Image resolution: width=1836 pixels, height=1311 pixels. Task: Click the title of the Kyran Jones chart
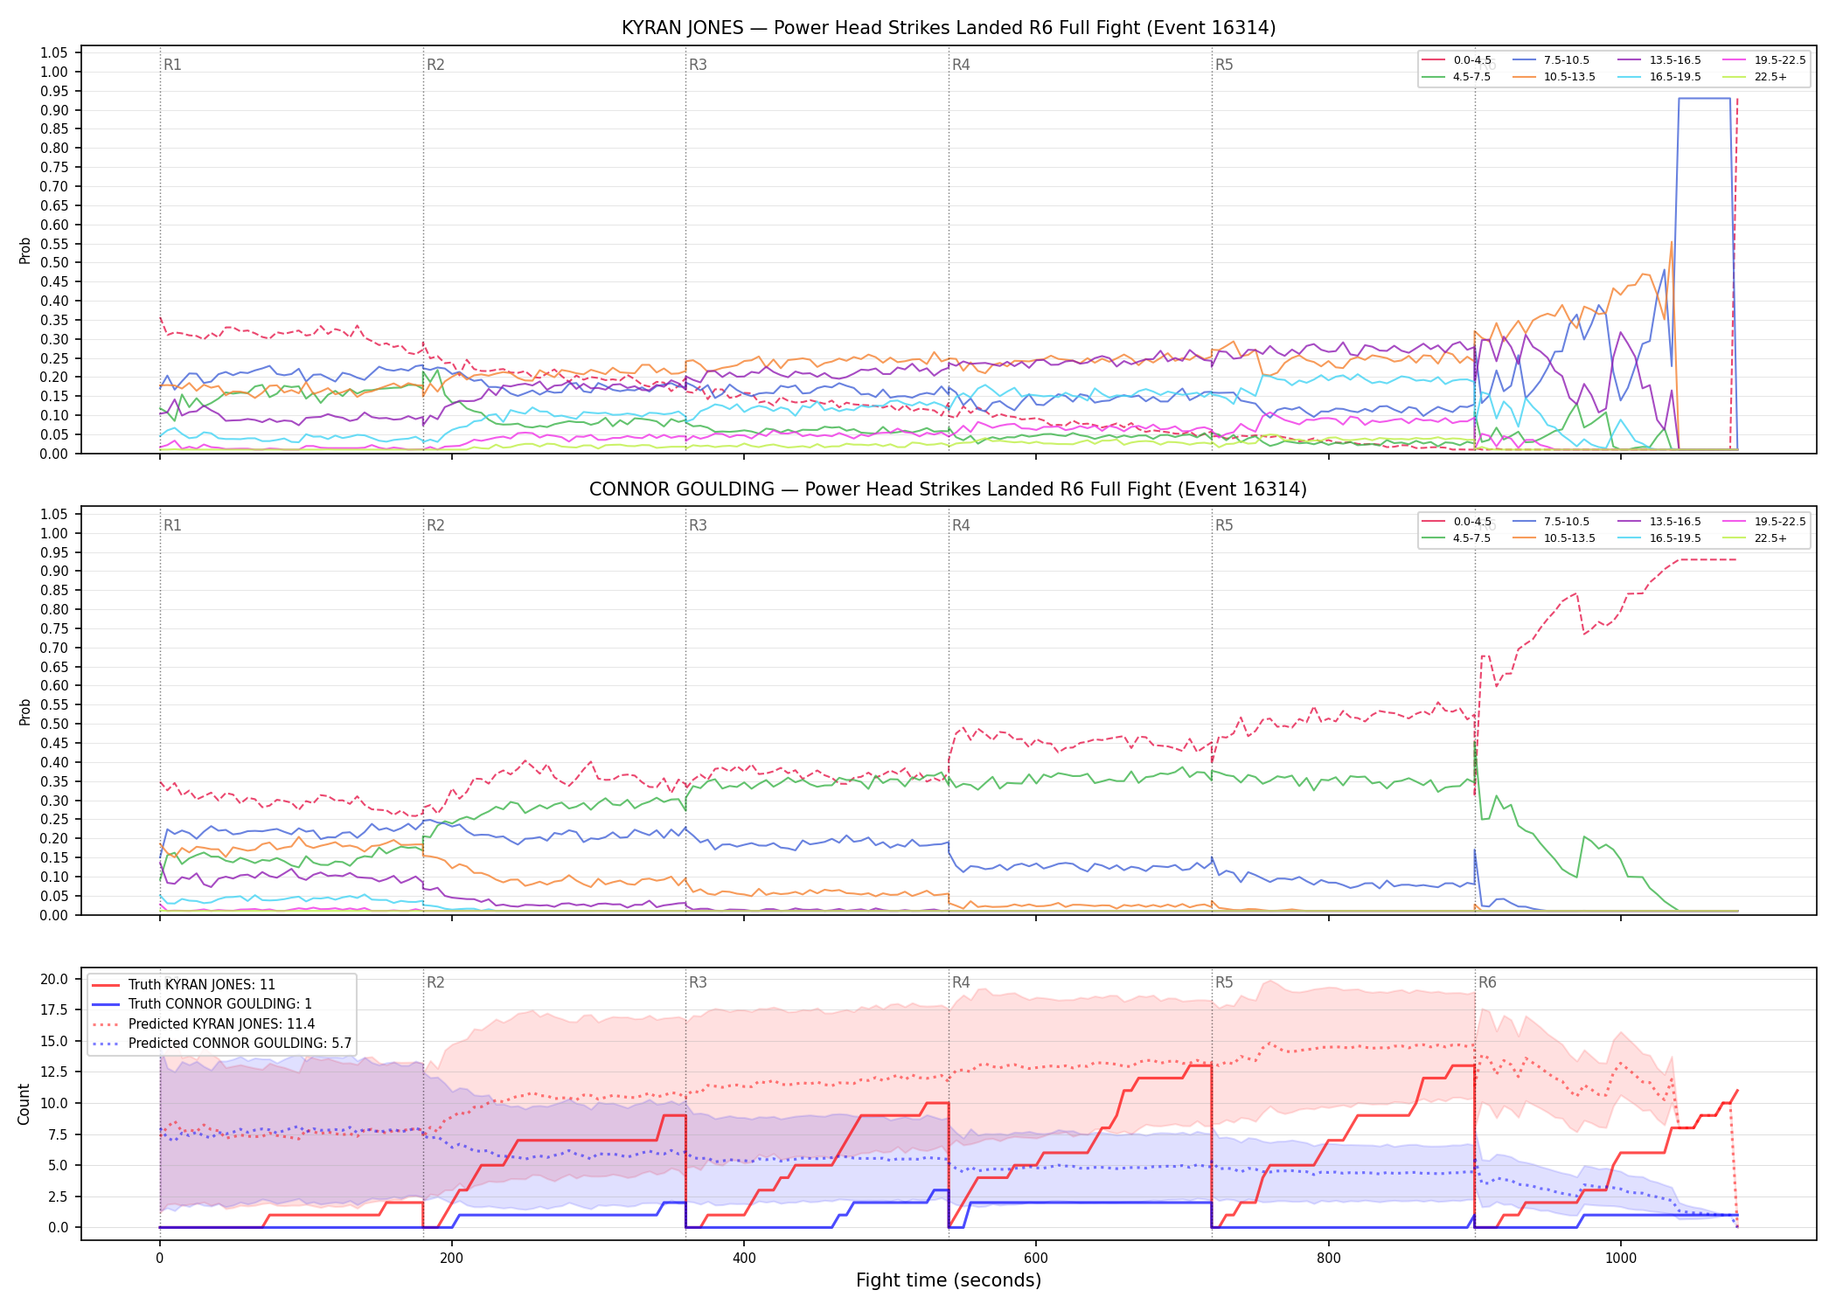tap(949, 28)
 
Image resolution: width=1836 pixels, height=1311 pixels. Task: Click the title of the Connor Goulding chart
tap(949, 489)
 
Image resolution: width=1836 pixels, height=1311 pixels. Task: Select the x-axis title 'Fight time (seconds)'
tap(949, 1280)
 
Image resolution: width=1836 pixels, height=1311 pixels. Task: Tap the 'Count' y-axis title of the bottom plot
tap(24, 1104)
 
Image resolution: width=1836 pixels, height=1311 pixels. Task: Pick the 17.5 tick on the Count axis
tap(56, 1009)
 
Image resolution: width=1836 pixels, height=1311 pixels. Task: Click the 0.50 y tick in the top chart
tap(54, 262)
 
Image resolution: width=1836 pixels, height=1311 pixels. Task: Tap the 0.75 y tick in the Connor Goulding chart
tap(54, 628)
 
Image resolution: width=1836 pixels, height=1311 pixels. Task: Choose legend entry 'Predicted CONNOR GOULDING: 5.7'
tap(221, 1044)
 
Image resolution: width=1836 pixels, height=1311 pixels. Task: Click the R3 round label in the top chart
tap(698, 65)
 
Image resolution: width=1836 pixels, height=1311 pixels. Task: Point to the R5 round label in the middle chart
tap(1224, 525)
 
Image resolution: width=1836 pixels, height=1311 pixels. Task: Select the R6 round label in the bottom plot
tap(1487, 982)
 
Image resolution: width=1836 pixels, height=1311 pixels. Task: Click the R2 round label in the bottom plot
tap(435, 982)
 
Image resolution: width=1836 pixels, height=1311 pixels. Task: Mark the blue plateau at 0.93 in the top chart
tap(1704, 99)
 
